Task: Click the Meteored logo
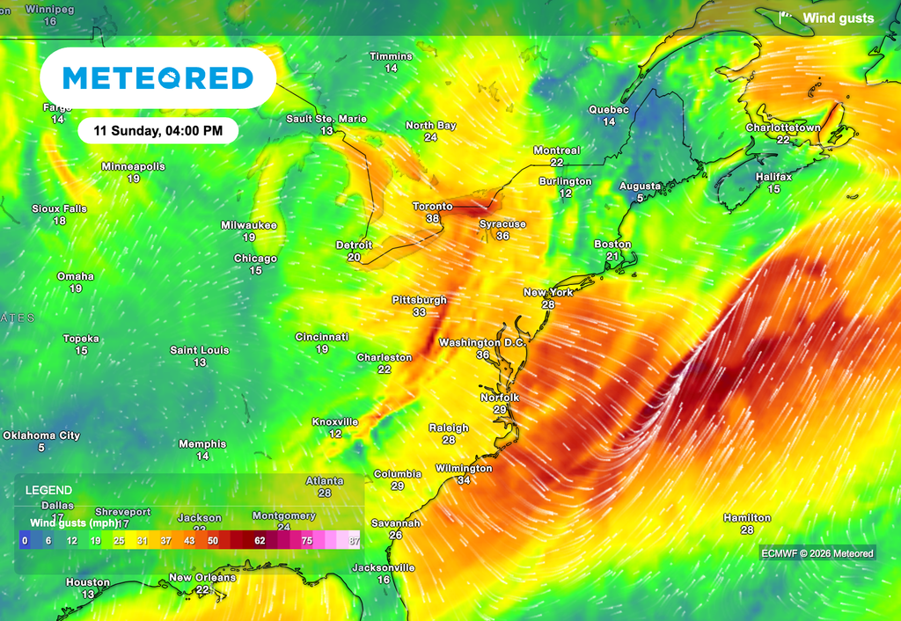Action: [158, 78]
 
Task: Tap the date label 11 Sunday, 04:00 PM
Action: [158, 131]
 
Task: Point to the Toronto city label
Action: [433, 207]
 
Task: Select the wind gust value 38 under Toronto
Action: [433, 219]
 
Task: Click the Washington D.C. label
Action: [482, 342]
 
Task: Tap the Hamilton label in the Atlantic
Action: [747, 518]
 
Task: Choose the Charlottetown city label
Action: [783, 128]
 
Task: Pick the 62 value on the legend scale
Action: [260, 541]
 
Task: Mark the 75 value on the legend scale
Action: [307, 541]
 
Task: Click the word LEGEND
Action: [48, 490]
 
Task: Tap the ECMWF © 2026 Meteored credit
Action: [817, 553]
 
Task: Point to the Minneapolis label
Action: [133, 166]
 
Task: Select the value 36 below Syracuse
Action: [502, 237]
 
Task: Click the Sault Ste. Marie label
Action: [326, 119]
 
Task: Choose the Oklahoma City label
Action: [41, 435]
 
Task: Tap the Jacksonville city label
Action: [383, 567]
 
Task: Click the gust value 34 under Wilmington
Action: [464, 480]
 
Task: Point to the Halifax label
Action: [773, 177]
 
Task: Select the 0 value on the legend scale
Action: [25, 541]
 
